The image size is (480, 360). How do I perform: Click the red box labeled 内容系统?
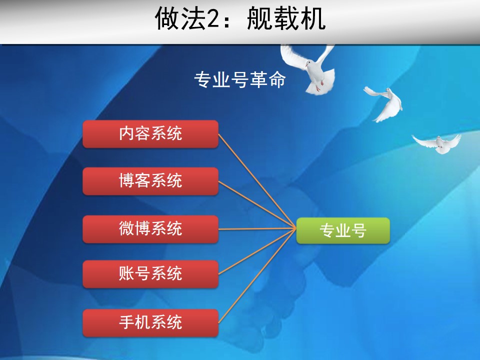150,134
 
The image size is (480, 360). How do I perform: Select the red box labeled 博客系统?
150,181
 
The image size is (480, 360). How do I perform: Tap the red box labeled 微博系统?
150,229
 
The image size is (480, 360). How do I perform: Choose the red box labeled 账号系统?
150,274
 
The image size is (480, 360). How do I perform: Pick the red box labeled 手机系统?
150,323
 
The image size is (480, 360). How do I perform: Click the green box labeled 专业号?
343,230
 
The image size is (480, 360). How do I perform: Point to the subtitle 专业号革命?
240,80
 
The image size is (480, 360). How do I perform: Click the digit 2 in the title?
213,19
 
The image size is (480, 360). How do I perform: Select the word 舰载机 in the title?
286,18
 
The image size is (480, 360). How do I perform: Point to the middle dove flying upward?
384,103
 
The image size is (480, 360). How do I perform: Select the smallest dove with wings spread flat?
437,143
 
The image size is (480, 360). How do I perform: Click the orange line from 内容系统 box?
257,181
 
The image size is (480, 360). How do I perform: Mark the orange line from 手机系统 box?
257,275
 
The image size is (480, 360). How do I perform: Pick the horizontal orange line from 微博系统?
257,228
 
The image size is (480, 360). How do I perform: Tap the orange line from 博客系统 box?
257,204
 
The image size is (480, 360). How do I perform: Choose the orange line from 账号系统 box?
257,251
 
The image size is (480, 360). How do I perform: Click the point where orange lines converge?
295,228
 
